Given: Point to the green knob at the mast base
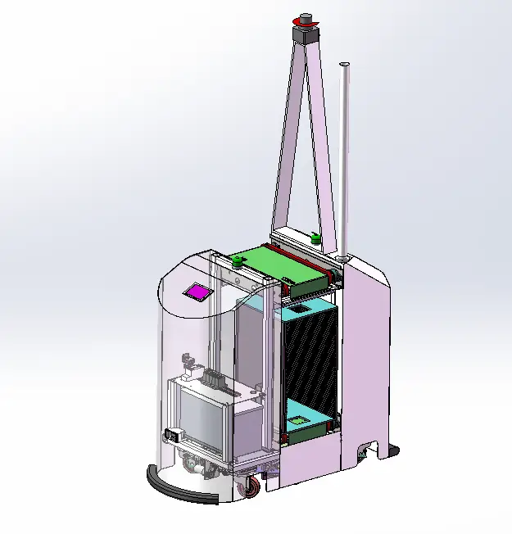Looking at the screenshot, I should point(315,239).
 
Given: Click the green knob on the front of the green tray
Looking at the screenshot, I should point(238,262).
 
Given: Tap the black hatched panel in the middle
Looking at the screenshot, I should point(310,360).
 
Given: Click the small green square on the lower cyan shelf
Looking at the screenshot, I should point(300,422).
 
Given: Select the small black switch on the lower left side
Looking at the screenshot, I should point(171,436).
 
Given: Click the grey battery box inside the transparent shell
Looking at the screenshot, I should point(202,418).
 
